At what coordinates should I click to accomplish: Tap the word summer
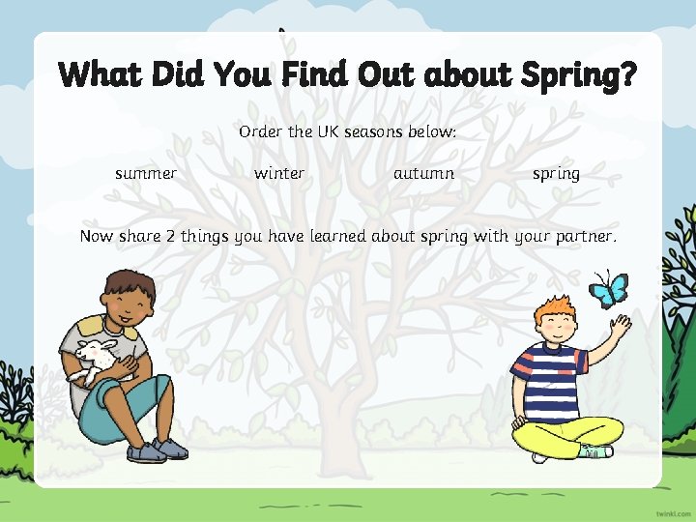coord(146,174)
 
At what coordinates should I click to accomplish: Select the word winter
coord(279,174)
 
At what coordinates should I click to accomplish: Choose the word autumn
coord(423,174)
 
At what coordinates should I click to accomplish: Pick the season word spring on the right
coord(556,175)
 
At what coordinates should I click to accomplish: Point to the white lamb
coord(96,359)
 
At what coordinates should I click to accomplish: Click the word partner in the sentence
coord(583,237)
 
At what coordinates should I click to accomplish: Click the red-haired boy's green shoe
coord(595,450)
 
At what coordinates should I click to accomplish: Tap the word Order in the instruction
coord(261,131)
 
